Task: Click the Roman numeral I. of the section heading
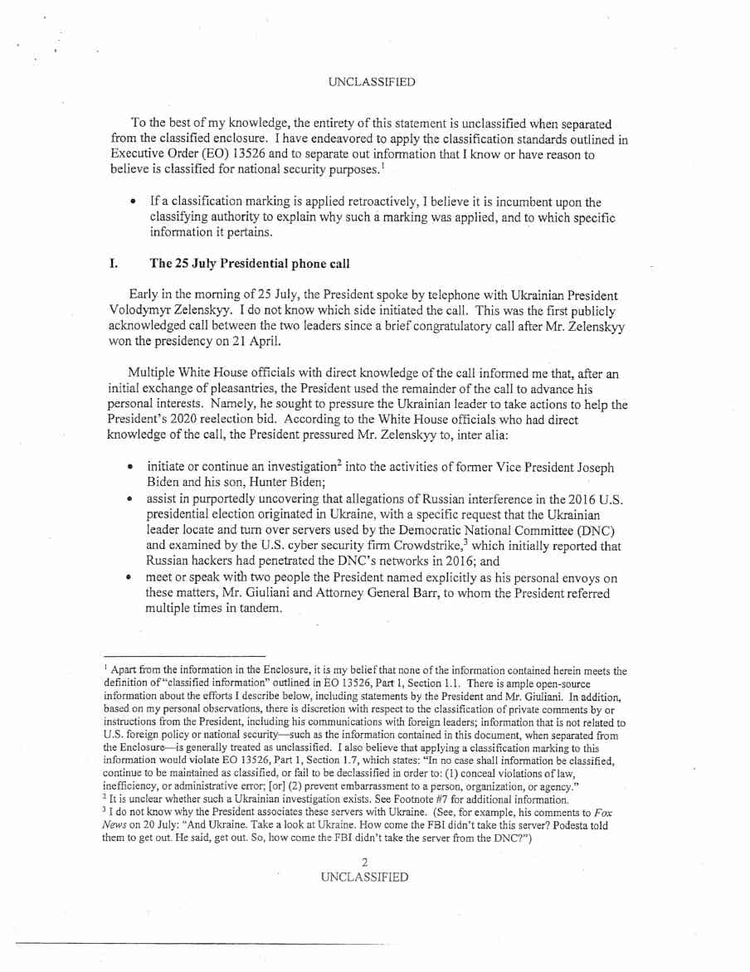pos(113,264)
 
